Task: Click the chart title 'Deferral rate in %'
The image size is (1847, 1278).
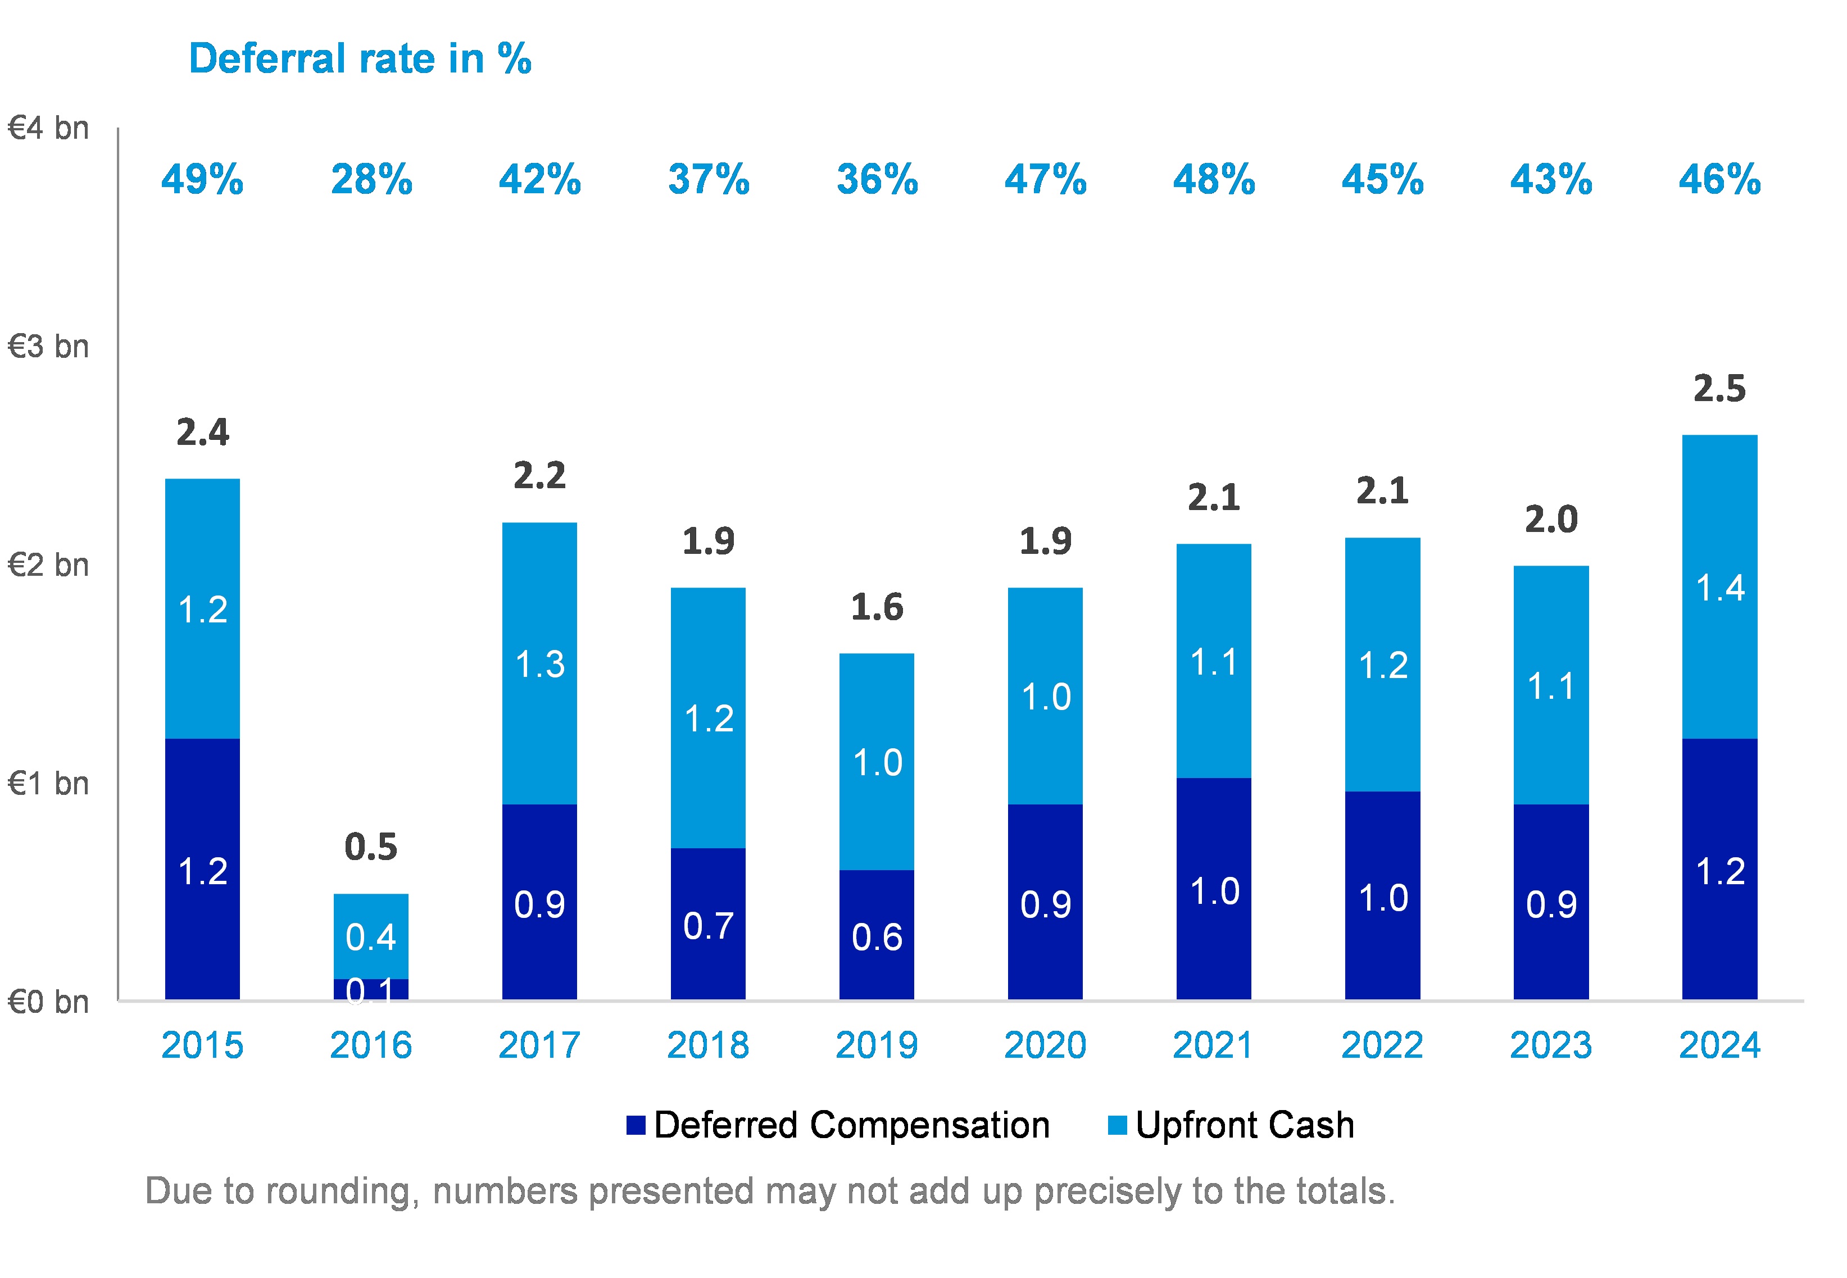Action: tap(360, 59)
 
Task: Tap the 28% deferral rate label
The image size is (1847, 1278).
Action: tap(371, 179)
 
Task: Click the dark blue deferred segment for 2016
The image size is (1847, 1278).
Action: tap(371, 990)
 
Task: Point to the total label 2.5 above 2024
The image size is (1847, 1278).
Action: tap(1719, 389)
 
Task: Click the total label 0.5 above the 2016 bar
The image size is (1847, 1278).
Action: tap(371, 847)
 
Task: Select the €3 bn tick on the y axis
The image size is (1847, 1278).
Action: tap(48, 347)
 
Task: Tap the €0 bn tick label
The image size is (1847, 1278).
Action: tap(48, 1002)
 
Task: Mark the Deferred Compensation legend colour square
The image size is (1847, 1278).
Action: tap(636, 1125)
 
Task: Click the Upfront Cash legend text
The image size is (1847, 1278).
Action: tap(1245, 1125)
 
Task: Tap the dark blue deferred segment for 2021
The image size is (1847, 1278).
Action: tap(1213, 889)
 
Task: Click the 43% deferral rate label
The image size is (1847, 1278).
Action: tap(1551, 179)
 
